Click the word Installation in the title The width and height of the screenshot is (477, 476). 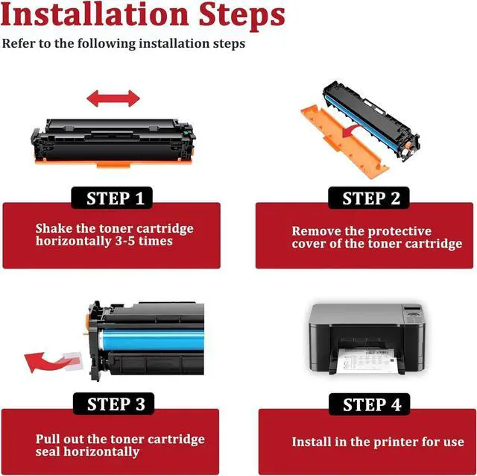tap(95, 15)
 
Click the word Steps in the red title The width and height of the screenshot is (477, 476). tap(241, 16)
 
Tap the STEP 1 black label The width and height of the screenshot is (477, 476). tap(112, 198)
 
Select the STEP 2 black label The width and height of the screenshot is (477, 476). tap(369, 198)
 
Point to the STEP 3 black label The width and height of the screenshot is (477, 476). tap(114, 404)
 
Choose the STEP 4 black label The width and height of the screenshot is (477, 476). tap(370, 404)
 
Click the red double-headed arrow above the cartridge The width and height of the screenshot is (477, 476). tap(113, 98)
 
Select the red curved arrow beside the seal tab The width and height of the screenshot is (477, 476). tap(45, 363)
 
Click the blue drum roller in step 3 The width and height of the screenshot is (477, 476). tap(151, 339)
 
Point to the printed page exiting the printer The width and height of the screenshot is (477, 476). tap(367, 362)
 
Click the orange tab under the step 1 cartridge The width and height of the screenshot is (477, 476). tap(113, 165)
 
